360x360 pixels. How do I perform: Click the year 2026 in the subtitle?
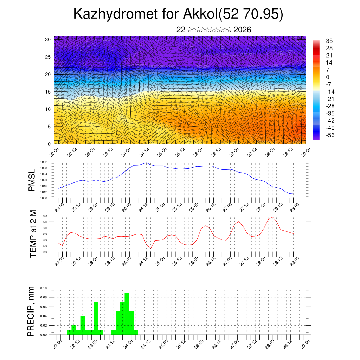pos(242,30)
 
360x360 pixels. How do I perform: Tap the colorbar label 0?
pos(328,77)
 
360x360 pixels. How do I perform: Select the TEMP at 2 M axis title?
pos(33,233)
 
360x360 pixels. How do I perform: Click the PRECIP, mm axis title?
pos(32,311)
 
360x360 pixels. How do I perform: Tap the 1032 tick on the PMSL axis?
pos(43,162)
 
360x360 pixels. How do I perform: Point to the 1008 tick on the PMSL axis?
pos(43,198)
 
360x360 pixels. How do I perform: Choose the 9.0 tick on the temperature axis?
pos(45,216)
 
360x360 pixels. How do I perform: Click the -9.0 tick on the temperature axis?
pos(45,252)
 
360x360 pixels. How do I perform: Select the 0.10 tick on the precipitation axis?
pos(43,288)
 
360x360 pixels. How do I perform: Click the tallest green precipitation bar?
pos(127,313)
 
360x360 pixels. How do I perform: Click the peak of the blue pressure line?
pos(146,163)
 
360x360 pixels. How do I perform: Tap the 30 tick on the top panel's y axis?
pos(48,39)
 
